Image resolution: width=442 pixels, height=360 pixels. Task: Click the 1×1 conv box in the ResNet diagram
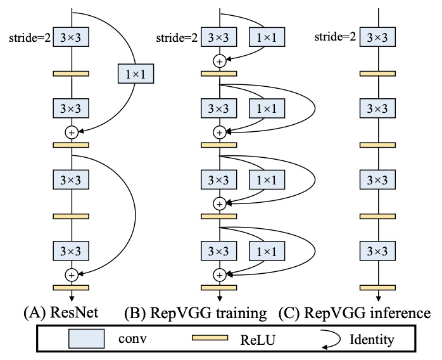coord(136,74)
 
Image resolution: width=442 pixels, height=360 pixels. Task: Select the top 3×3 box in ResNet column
coord(71,37)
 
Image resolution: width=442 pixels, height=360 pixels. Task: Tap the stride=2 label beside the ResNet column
coord(30,37)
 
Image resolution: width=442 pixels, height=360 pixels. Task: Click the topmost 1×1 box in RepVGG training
coord(267,37)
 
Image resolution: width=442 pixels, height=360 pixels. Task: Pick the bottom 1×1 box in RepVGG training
coord(267,251)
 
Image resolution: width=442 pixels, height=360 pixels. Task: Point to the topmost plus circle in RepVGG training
coord(220,61)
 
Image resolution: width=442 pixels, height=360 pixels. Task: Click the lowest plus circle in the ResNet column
coord(72,275)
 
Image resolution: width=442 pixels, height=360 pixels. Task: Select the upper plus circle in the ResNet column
coord(72,132)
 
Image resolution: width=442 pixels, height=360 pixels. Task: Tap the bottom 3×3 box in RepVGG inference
coord(377,251)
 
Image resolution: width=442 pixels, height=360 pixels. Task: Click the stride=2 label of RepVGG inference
coord(335,37)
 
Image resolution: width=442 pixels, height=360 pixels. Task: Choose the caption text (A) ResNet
coord(61,312)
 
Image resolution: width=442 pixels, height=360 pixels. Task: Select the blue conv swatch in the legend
coord(87,338)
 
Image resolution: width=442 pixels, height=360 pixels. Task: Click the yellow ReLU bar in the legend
coord(210,338)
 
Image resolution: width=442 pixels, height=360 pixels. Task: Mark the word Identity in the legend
coord(372,340)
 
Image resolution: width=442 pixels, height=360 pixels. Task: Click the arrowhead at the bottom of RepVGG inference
coord(378,299)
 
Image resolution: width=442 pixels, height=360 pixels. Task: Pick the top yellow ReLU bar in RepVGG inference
coord(377,74)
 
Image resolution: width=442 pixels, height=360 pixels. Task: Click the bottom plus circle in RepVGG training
coord(220,275)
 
